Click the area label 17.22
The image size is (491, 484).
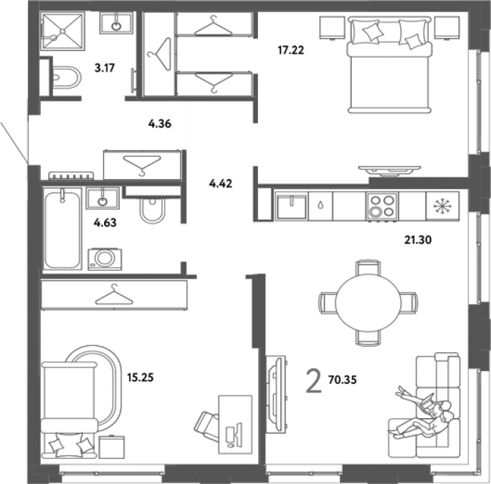click(x=291, y=50)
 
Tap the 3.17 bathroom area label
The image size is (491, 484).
click(x=105, y=67)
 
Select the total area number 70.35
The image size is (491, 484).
click(x=342, y=379)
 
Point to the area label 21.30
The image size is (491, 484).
click(x=418, y=240)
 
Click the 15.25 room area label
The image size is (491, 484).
click(x=140, y=377)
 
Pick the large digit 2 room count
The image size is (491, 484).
click(x=314, y=380)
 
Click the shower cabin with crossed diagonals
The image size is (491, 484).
click(x=62, y=31)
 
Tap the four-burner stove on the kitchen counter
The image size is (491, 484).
click(x=382, y=206)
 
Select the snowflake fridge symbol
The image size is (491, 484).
click(x=442, y=206)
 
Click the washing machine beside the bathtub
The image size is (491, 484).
click(x=105, y=259)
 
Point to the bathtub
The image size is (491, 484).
click(x=62, y=228)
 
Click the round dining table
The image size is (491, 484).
click(x=368, y=303)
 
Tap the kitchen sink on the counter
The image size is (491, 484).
click(x=291, y=206)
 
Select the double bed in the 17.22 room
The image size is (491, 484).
click(x=389, y=64)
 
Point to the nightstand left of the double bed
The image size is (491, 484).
click(x=332, y=28)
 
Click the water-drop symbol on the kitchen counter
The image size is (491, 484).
click(x=320, y=205)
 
